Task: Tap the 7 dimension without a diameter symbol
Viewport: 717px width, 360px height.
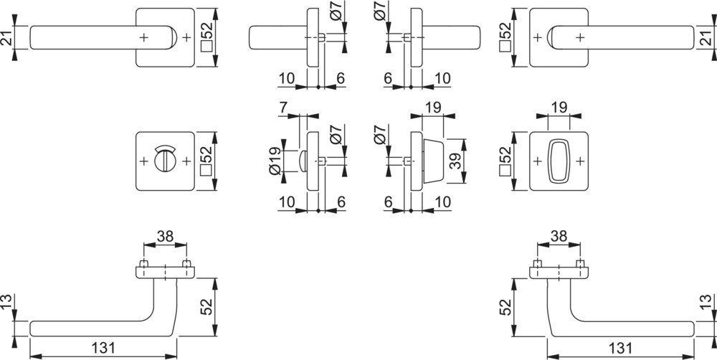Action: pyautogui.click(x=283, y=108)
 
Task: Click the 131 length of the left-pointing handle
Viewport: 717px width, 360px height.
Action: pyautogui.click(x=103, y=348)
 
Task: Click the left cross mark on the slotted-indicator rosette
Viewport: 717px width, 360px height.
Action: pyautogui.click(x=143, y=161)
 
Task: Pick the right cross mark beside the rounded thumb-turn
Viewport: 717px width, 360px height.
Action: pyautogui.click(x=579, y=161)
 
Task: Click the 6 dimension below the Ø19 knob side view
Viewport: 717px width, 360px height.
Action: pyautogui.click(x=341, y=203)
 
